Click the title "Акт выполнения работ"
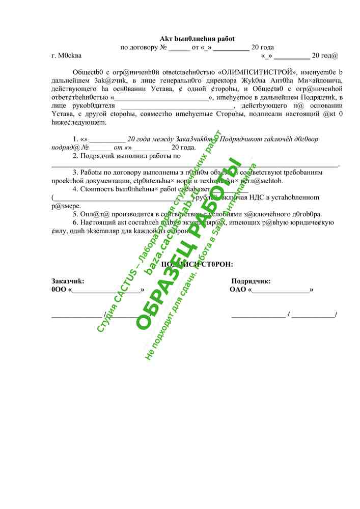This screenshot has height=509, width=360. point(197,39)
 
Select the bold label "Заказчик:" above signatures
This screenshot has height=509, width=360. point(68,281)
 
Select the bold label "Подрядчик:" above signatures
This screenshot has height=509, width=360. point(251,281)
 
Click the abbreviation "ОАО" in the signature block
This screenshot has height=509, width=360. point(238,290)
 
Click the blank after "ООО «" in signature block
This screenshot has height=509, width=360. point(106,291)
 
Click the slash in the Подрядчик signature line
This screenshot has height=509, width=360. point(289,315)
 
